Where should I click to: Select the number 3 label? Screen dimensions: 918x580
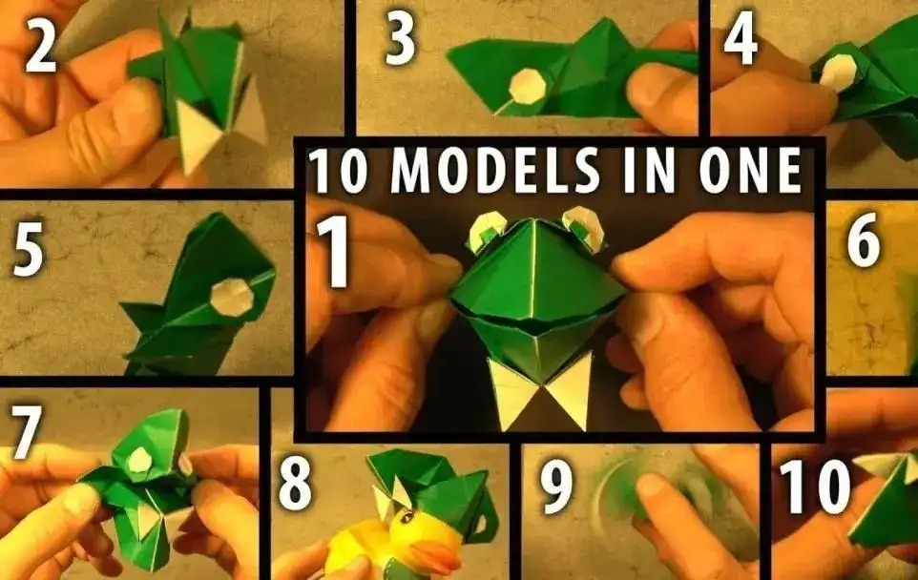pos(401,38)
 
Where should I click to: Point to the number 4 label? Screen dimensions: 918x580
pos(741,38)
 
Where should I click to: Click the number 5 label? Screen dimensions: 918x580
pos(29,247)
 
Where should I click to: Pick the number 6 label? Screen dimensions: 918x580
pos(863,240)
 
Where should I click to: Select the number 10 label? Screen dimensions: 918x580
pos(814,486)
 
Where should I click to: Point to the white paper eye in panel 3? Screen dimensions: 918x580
pos(528,87)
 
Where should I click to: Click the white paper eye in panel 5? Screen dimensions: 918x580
pos(232,297)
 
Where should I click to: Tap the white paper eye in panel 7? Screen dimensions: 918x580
pos(140,460)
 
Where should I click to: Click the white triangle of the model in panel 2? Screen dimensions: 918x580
pos(198,137)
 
